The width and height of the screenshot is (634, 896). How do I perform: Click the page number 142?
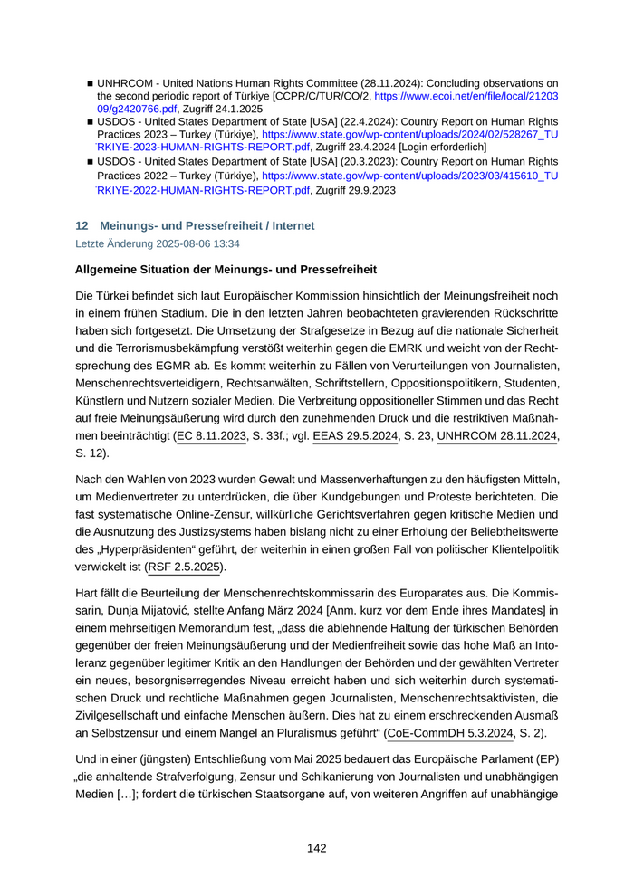(x=316, y=848)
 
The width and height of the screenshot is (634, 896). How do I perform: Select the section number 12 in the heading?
(x=82, y=225)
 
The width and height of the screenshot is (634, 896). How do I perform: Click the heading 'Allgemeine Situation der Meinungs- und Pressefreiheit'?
(x=226, y=270)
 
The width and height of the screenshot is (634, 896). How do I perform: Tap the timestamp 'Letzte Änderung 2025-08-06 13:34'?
(x=158, y=244)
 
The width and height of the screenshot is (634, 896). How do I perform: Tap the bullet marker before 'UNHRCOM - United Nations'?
(x=91, y=83)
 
